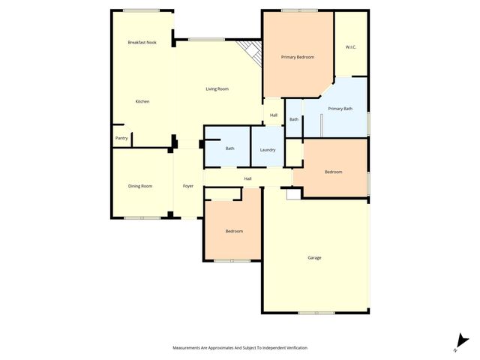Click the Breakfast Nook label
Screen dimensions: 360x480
(142, 43)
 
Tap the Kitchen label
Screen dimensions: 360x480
(142, 101)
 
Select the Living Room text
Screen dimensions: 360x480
(217, 89)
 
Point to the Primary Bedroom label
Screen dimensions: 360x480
(298, 58)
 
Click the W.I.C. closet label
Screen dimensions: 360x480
(351, 47)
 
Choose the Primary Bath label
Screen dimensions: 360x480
(340, 109)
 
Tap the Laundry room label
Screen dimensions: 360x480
(268, 150)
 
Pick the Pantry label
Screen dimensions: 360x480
(121, 138)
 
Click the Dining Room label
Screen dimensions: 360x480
(141, 186)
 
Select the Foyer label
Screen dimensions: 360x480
(188, 186)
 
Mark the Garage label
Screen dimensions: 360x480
(314, 258)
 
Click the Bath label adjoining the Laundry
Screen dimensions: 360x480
(230, 148)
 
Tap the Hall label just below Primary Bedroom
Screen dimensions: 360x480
(274, 115)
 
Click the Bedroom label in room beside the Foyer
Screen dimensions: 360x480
(234, 231)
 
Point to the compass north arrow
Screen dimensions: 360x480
(460, 342)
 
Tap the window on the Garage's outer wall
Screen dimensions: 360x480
(316, 313)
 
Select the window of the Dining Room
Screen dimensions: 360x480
(142, 218)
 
